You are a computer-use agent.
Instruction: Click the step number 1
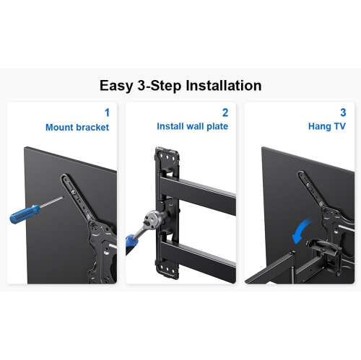107,113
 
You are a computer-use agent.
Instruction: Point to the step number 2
225,113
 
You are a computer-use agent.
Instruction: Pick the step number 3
342,113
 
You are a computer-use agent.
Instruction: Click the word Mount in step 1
61,127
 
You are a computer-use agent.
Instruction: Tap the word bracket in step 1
93,127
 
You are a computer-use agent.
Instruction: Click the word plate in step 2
216,127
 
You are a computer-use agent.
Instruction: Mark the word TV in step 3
339,126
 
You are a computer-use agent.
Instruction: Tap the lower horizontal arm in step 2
202,253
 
